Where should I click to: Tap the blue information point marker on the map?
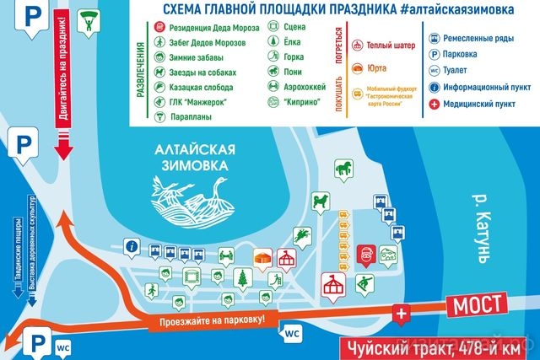(x=132, y=246)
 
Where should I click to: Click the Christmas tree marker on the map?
(x=242, y=277)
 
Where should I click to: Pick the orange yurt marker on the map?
(x=264, y=257)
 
